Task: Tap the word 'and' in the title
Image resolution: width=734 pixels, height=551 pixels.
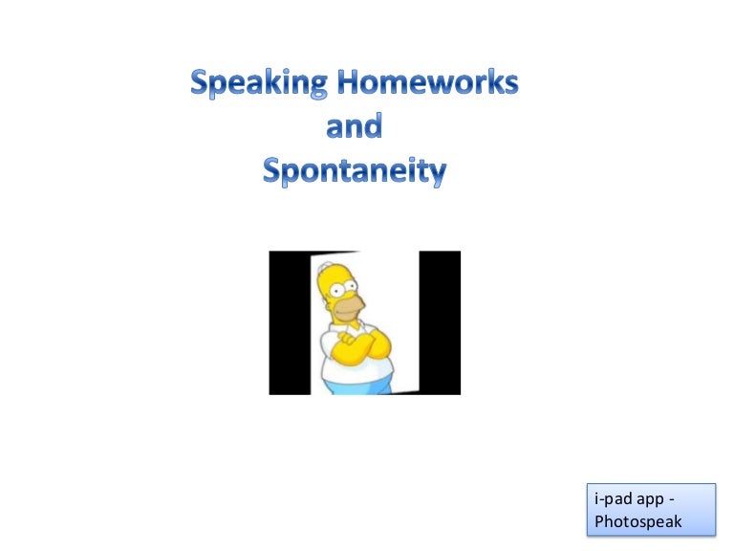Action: (x=354, y=126)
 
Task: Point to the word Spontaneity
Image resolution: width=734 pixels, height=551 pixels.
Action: (x=355, y=171)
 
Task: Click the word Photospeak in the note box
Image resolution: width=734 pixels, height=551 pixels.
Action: (x=637, y=521)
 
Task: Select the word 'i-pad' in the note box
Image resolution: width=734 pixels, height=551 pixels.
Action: (x=613, y=500)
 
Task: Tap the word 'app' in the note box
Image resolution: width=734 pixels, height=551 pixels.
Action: (x=656, y=500)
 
